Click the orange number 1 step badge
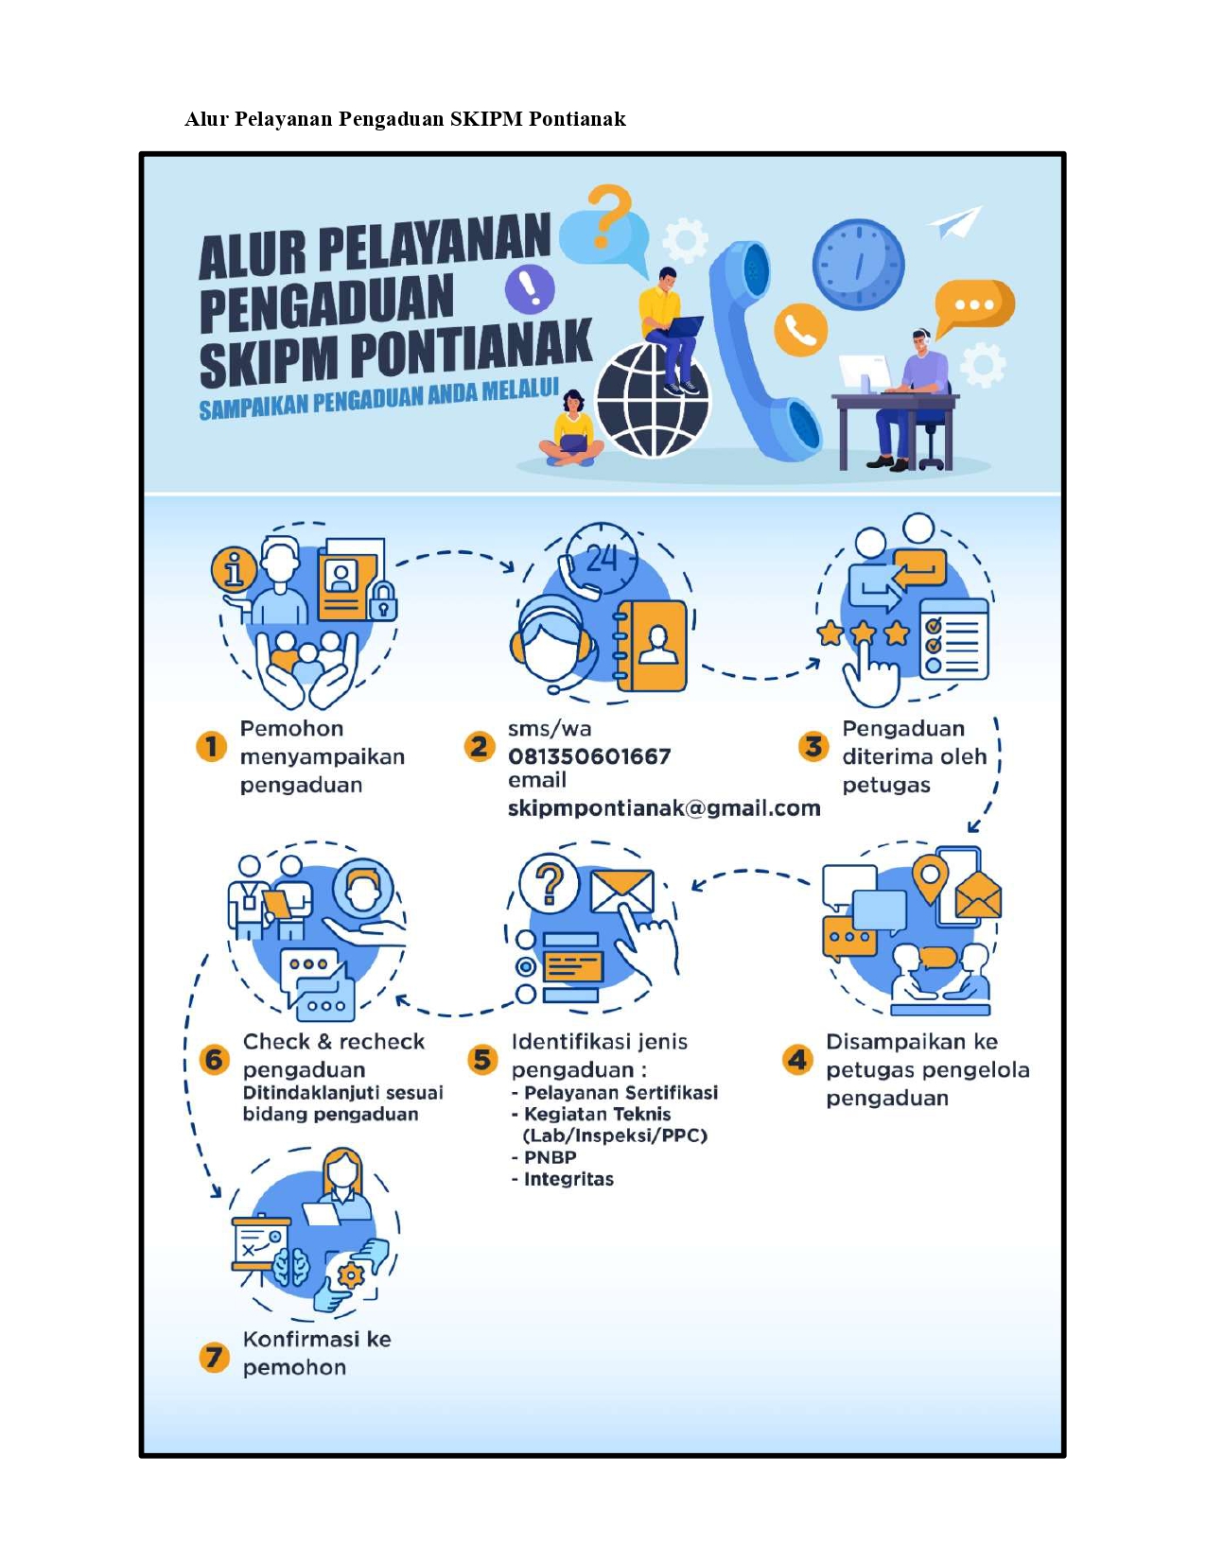(x=211, y=747)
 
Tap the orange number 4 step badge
(x=797, y=1060)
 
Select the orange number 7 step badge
(x=214, y=1358)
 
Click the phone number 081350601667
(x=589, y=756)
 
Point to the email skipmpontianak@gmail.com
(x=664, y=808)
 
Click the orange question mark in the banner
(x=608, y=216)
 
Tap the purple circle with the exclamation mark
(x=530, y=289)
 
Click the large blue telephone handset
(x=765, y=350)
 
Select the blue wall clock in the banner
(x=858, y=264)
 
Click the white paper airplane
(x=956, y=222)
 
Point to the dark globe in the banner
(x=653, y=400)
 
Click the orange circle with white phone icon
(x=800, y=330)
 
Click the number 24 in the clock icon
(x=602, y=558)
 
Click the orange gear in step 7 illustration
(x=351, y=1274)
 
